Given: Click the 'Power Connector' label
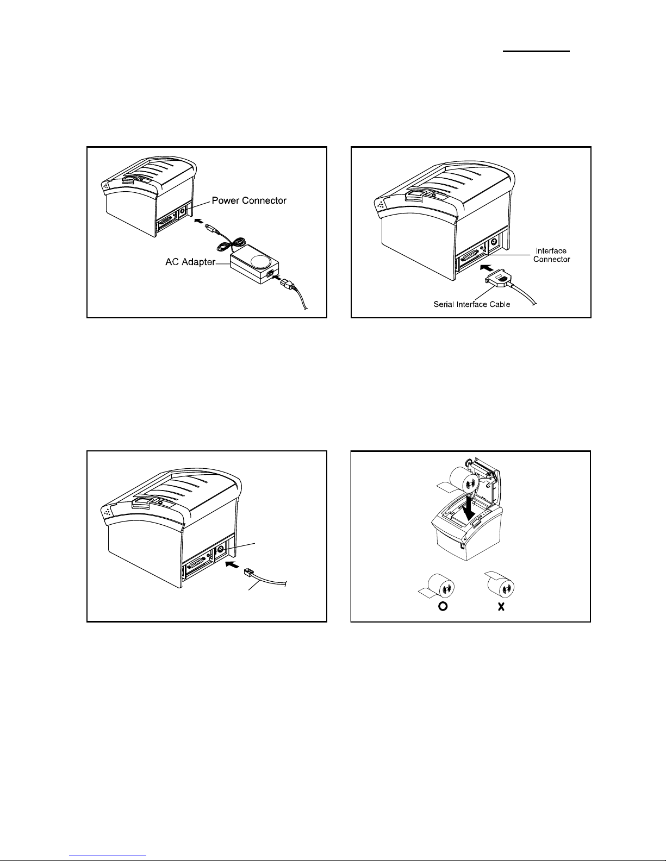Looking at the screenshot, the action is point(249,201).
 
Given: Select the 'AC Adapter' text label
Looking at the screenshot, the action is point(190,262).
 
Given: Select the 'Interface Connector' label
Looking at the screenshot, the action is point(551,255).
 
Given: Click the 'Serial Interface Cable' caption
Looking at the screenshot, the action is point(471,304).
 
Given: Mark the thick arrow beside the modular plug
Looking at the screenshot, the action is point(232,565).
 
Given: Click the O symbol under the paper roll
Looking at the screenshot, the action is point(443,607).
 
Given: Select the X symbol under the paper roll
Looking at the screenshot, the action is point(501,607).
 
